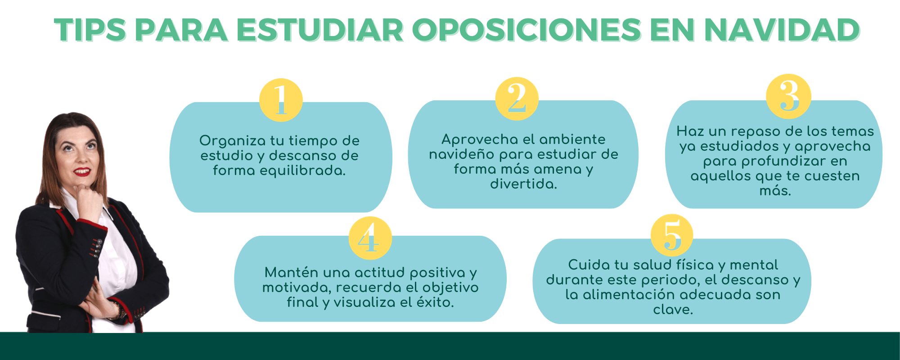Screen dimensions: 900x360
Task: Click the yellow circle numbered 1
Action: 281,100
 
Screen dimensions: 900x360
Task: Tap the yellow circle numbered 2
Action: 517,99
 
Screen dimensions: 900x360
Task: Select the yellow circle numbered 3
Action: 788,96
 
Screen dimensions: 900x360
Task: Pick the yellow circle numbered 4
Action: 370,238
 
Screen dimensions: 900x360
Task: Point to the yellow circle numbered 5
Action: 672,235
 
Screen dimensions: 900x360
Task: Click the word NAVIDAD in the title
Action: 782,30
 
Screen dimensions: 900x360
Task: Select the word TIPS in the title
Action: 90,30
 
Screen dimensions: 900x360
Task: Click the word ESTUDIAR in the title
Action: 320,30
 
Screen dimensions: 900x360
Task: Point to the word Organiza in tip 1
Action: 233,141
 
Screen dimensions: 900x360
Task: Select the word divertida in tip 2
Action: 523,184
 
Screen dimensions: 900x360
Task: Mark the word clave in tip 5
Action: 673,309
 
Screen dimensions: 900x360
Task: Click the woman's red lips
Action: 82,171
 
